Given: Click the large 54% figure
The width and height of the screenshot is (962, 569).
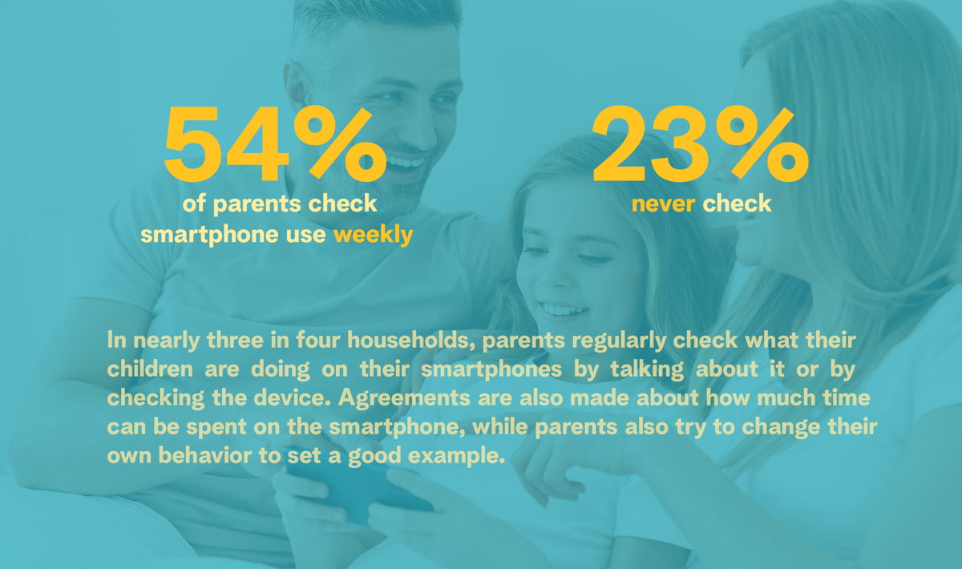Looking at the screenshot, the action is [x=275, y=144].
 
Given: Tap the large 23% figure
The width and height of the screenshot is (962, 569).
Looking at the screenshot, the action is [x=700, y=144].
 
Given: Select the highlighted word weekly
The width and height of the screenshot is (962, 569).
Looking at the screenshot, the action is [x=374, y=236].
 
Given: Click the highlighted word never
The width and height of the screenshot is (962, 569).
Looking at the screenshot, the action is [x=663, y=204].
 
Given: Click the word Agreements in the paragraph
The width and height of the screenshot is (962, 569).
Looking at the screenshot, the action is [x=404, y=398].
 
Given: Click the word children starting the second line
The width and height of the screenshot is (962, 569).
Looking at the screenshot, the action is [x=150, y=369].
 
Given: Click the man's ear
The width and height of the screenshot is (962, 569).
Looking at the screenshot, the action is [x=297, y=86].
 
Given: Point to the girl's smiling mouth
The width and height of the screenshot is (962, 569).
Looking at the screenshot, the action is [x=563, y=309].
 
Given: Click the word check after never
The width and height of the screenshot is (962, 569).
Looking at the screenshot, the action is [x=737, y=204].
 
